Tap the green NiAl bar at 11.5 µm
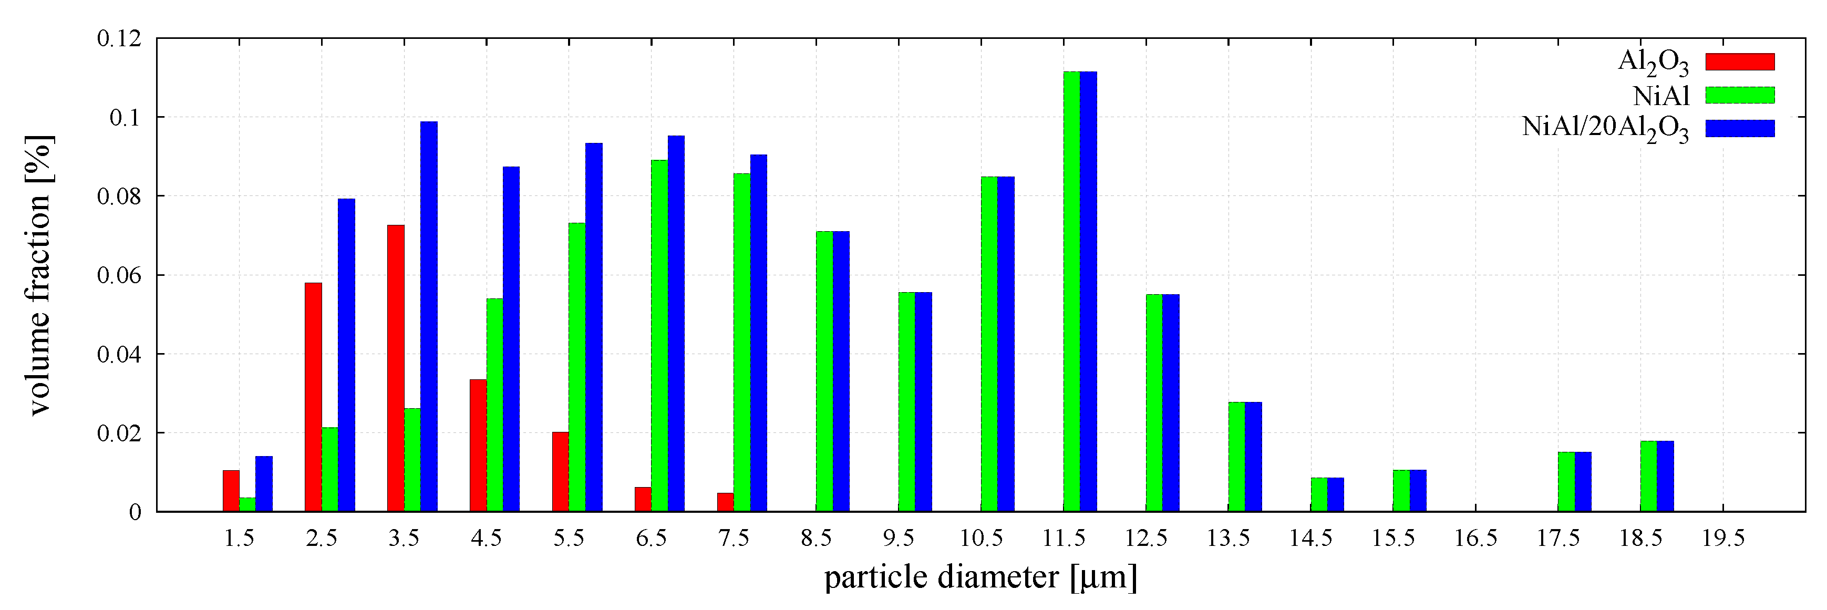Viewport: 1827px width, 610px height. (x=1071, y=291)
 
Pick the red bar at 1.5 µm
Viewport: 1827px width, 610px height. (x=231, y=490)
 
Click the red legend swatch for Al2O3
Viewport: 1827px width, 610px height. (x=1739, y=61)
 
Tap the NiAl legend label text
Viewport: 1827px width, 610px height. (x=1660, y=96)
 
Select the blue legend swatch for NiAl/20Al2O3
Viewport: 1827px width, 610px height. (x=1739, y=128)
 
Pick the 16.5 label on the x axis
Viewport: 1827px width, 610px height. (x=1475, y=539)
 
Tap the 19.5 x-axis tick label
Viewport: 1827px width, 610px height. (x=1723, y=539)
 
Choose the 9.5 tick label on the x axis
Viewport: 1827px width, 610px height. (x=898, y=539)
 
